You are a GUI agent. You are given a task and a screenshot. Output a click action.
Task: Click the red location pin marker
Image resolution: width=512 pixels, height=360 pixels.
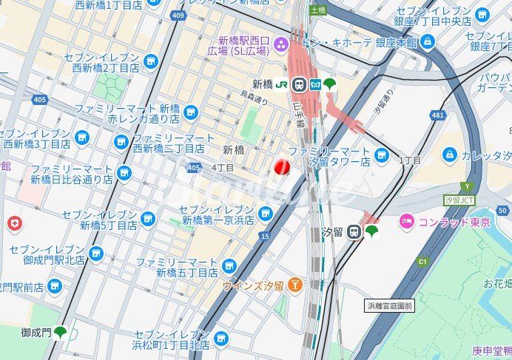282,168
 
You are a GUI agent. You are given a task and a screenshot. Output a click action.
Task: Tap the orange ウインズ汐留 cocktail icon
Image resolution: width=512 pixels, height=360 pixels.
296,284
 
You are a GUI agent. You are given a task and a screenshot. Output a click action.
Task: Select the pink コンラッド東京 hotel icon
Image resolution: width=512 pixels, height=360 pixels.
406,221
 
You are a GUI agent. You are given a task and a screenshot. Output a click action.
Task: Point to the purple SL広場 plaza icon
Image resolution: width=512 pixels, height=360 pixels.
281,44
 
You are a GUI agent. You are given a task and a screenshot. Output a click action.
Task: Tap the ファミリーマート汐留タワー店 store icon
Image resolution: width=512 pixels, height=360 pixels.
381,156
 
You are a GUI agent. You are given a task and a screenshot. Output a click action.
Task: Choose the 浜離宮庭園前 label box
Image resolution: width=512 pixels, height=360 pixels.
390,305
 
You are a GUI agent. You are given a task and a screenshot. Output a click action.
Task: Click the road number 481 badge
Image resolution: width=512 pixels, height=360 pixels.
438,115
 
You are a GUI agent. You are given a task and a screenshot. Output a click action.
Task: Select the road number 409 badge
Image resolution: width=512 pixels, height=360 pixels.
176,15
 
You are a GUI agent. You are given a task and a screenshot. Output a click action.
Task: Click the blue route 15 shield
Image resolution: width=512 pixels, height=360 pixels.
265,236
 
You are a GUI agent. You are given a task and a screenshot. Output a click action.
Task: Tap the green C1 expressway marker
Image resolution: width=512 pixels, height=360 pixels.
422,261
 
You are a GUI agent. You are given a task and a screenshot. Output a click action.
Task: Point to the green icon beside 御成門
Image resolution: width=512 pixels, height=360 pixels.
60,333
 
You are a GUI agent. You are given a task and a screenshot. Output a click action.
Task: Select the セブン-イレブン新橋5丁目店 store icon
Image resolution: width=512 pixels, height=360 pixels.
148,219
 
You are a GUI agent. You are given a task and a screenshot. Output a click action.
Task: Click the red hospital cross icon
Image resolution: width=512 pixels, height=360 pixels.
14,223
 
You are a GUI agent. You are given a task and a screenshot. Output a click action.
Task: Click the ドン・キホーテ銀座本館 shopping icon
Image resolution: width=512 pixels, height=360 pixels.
428,43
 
